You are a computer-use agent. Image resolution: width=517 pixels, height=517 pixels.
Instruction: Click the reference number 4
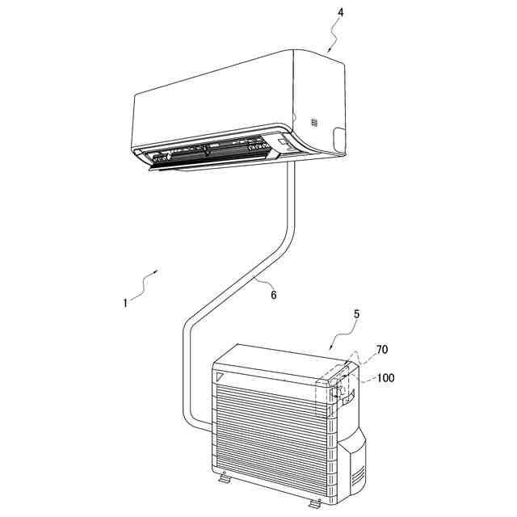coord(341,14)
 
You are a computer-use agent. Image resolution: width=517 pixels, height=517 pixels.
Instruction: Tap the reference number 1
coord(125,303)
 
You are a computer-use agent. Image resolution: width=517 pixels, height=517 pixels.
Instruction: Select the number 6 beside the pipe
coord(273,296)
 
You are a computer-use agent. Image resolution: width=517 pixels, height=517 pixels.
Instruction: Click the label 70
coord(381,350)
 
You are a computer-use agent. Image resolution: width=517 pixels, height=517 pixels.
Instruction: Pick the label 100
coord(386,378)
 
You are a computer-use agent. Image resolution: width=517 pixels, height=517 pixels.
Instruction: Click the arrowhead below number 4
coord(328,51)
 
